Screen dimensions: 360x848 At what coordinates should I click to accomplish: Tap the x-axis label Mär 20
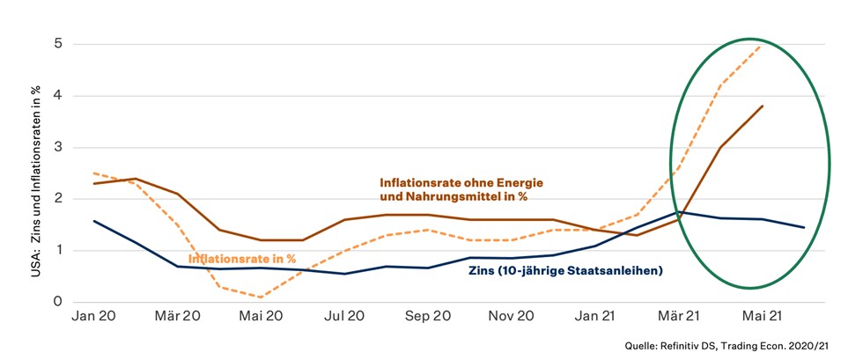pyautogui.click(x=177, y=315)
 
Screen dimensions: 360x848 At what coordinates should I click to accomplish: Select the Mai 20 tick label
pyautogui.click(x=262, y=315)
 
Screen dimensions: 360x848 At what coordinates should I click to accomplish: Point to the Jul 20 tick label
pyautogui.click(x=345, y=315)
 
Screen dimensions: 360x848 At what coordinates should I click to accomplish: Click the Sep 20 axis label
pyautogui.click(x=429, y=315)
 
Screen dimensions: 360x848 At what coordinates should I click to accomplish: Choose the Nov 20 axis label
pyautogui.click(x=512, y=315)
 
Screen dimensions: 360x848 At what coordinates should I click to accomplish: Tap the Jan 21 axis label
pyautogui.click(x=595, y=315)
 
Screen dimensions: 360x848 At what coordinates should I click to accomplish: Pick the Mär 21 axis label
pyautogui.click(x=679, y=315)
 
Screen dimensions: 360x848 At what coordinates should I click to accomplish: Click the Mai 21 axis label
pyautogui.click(x=763, y=315)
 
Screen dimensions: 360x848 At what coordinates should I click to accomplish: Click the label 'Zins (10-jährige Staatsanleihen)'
pyautogui.click(x=564, y=270)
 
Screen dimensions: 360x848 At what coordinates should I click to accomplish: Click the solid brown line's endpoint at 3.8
pyautogui.click(x=762, y=107)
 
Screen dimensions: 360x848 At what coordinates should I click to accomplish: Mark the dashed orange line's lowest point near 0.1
pyautogui.click(x=262, y=297)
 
